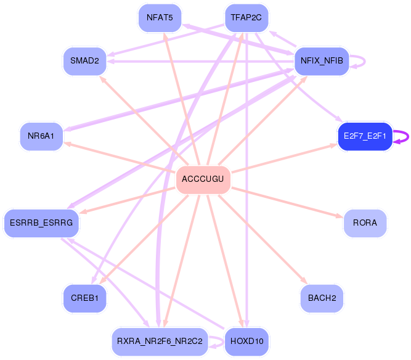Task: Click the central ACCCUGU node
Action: (203, 180)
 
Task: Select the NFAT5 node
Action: (160, 17)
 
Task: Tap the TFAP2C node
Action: (246, 17)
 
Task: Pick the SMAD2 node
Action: (84, 60)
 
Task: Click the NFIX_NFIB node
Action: (322, 60)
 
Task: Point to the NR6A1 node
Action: (41, 136)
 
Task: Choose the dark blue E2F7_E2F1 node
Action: (365, 136)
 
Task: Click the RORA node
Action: (365, 223)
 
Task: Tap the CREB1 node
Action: (84, 298)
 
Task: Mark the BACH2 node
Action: (322, 298)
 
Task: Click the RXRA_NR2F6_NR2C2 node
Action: (160, 341)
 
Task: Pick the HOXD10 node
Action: (246, 341)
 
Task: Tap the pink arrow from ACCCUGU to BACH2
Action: (265, 241)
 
